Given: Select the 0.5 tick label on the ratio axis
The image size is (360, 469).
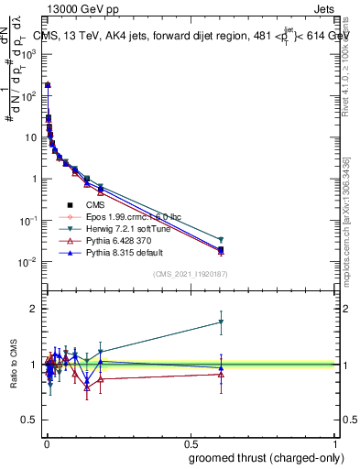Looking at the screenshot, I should [30, 420].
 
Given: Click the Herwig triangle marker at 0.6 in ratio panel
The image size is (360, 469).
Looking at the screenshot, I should [220, 322].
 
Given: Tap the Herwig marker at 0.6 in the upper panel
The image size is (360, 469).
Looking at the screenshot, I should [220, 240].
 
